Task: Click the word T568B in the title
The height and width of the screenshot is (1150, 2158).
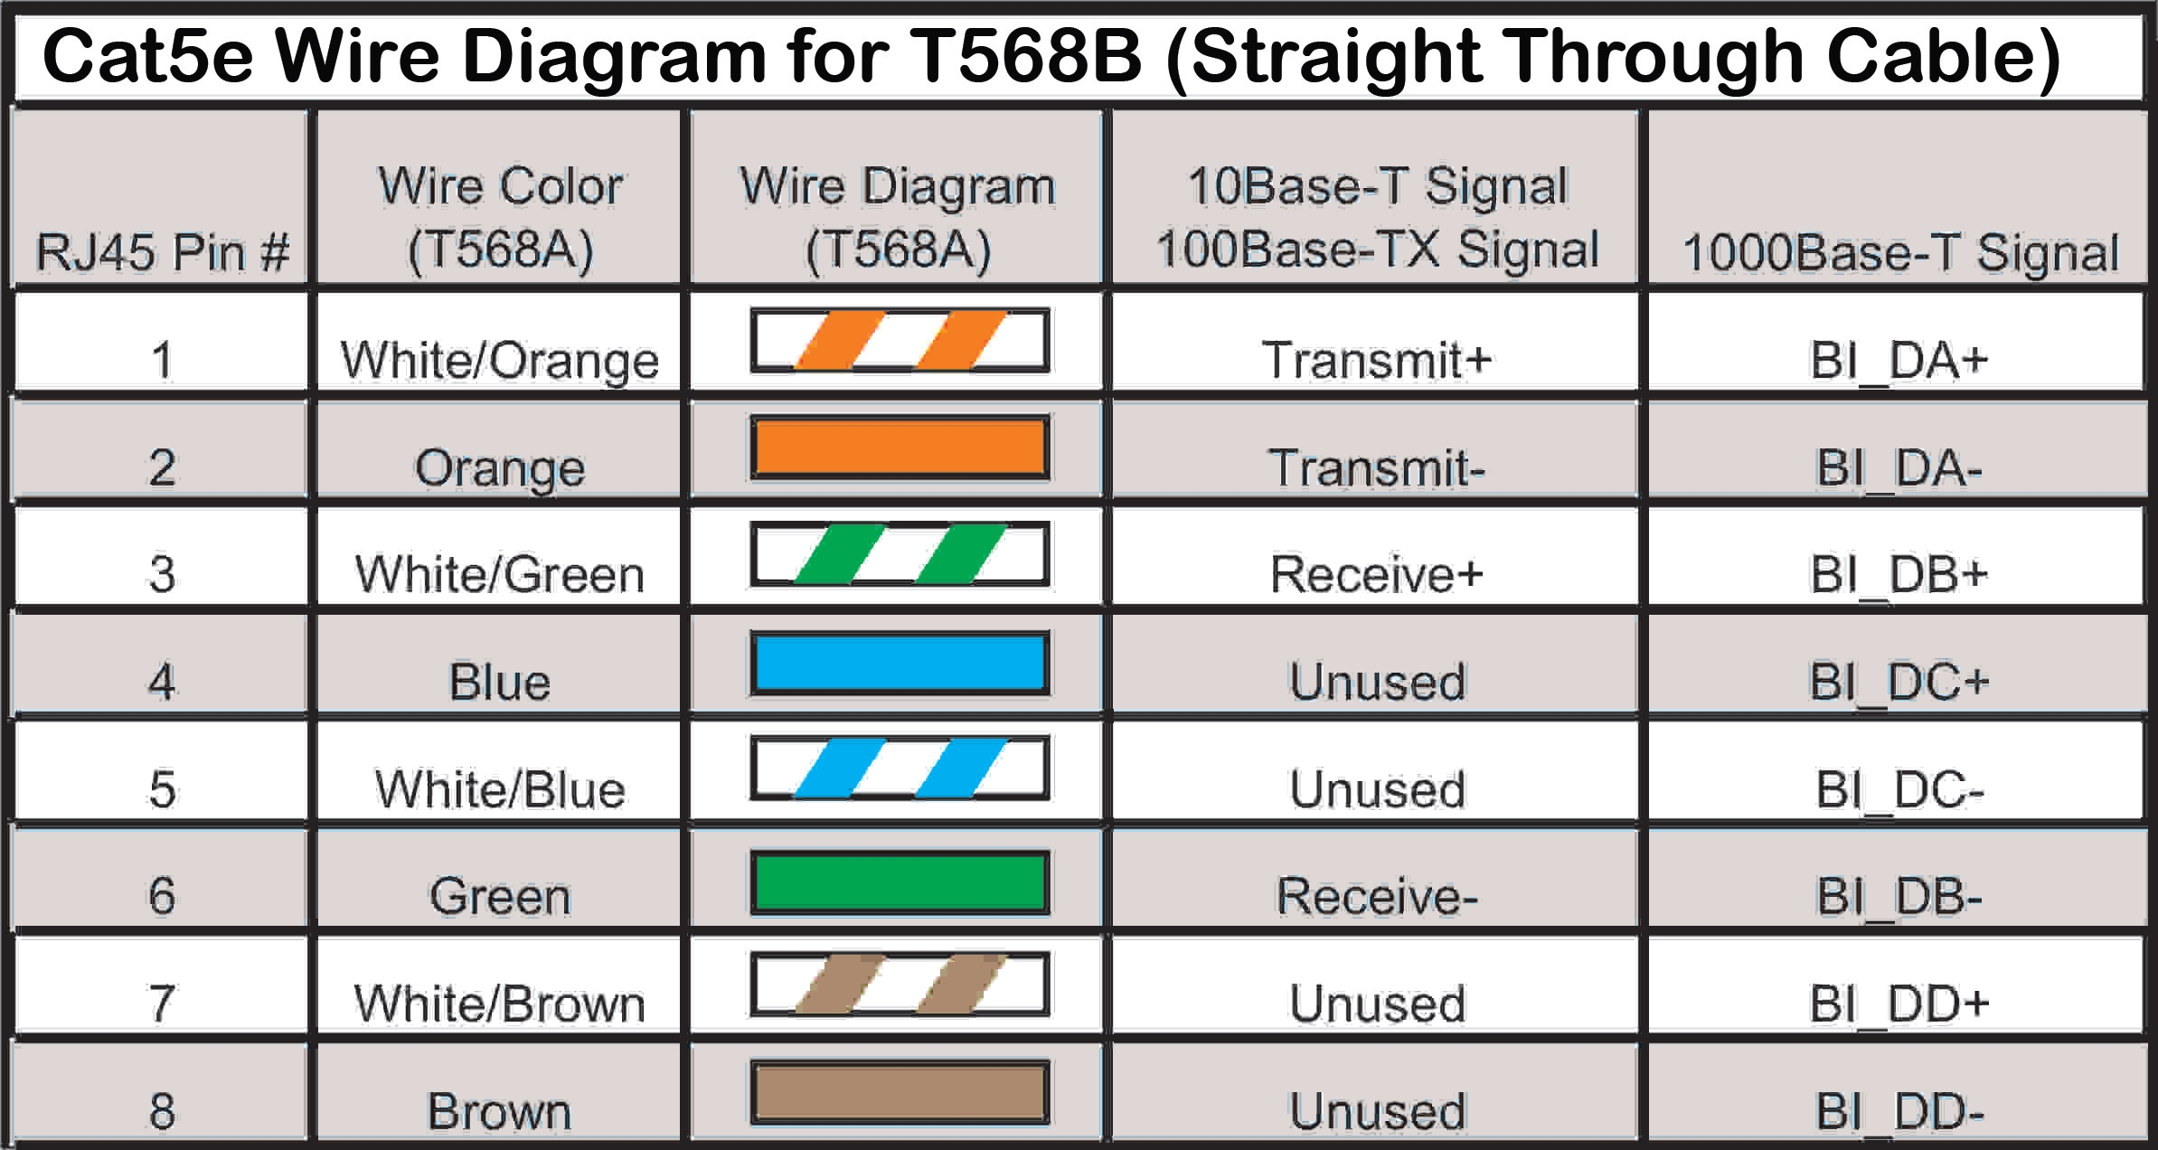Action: [1025, 56]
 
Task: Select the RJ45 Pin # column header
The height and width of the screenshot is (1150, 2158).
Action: [162, 250]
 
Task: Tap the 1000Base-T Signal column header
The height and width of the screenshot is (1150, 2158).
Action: [1899, 252]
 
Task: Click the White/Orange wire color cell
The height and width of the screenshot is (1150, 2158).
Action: [499, 360]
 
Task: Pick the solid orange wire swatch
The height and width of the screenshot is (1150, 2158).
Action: [900, 448]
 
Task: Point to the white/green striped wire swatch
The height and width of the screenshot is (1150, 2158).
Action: [900, 554]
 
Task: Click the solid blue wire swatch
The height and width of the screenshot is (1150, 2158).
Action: [900, 663]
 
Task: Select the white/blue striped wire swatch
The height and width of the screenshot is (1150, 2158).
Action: [900, 768]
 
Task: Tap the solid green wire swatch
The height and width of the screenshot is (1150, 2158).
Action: [900, 881]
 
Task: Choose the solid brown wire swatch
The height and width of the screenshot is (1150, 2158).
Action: [900, 1092]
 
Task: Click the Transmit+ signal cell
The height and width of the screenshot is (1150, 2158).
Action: [1375, 360]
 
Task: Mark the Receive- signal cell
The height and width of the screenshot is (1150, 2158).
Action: [1375, 896]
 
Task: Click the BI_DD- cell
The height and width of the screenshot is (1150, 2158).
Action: [1899, 1111]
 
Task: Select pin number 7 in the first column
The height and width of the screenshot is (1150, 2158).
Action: [162, 1003]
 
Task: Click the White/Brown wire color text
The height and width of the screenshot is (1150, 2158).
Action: [499, 1004]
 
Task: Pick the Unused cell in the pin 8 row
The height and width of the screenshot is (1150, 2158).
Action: [1376, 1111]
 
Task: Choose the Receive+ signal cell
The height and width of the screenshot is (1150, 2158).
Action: [1375, 574]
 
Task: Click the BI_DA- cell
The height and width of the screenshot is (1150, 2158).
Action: [1899, 467]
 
